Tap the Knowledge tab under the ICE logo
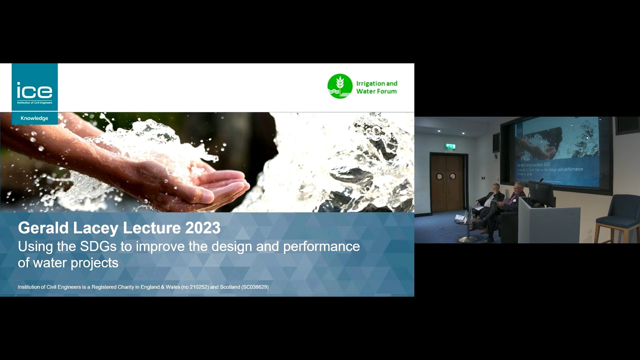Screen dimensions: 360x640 pos(34,118)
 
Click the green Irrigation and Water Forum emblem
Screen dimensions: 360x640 pos(340,86)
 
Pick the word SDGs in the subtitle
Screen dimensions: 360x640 pos(98,247)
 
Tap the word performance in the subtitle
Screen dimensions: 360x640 pos(321,247)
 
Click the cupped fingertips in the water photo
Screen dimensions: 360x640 pos(230,187)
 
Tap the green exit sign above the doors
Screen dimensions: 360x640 pos(450,146)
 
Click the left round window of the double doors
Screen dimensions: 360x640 pos(439,177)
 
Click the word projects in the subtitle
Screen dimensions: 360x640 pos(94,263)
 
